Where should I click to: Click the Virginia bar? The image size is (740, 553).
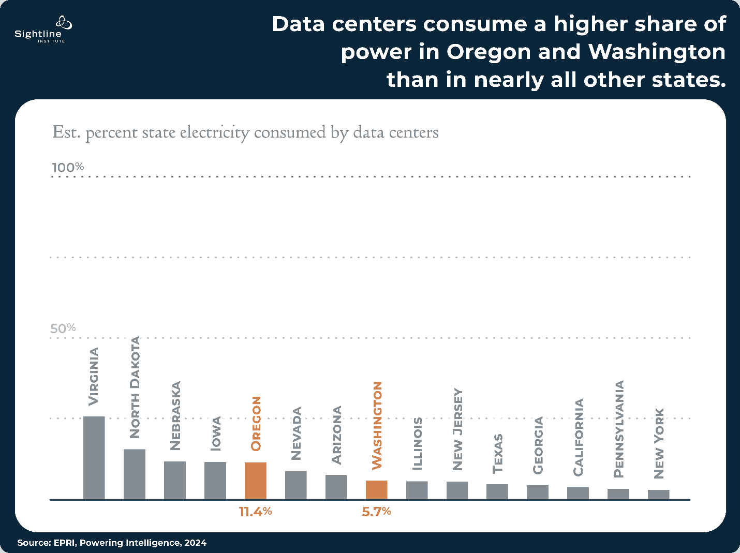click(x=94, y=458)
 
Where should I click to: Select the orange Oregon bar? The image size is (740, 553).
click(x=255, y=481)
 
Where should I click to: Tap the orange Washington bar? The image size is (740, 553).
click(x=376, y=490)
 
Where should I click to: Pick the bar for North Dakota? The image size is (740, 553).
click(x=134, y=474)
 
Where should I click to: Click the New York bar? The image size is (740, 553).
click(x=658, y=495)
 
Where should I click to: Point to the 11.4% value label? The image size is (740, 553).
click(x=255, y=512)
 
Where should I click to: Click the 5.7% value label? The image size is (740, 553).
click(x=376, y=512)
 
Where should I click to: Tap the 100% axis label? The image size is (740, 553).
click(x=68, y=168)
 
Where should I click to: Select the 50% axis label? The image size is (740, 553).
click(x=63, y=328)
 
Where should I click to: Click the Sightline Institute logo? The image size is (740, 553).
click(x=41, y=30)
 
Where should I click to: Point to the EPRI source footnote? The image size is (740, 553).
click(x=112, y=543)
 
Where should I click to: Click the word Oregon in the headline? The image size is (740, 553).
click(x=489, y=52)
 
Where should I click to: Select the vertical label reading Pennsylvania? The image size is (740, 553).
click(x=618, y=429)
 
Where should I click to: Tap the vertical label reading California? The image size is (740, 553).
click(x=578, y=437)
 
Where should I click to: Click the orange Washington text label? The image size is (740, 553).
click(x=377, y=425)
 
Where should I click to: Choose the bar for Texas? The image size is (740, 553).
click(x=497, y=491)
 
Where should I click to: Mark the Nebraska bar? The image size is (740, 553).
click(x=174, y=480)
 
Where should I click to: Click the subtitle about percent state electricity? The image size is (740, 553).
click(x=245, y=132)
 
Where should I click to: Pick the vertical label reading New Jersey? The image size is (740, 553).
click(x=457, y=429)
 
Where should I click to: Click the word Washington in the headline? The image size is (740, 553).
click(x=657, y=52)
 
